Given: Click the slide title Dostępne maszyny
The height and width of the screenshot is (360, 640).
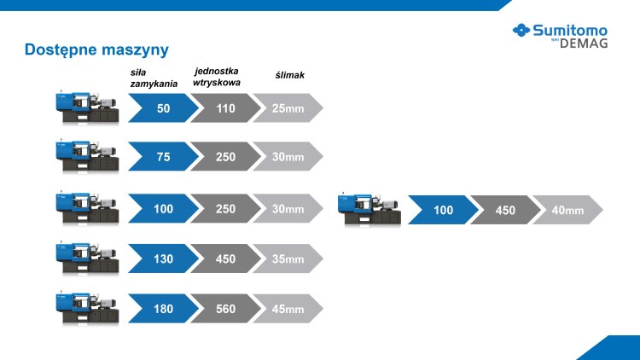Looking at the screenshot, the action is point(96,50).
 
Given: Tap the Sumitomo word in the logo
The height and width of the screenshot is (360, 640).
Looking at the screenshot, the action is point(570,30).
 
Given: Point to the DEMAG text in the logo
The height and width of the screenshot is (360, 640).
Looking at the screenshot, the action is point(584,44).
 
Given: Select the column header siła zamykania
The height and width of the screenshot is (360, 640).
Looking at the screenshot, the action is point(154,78).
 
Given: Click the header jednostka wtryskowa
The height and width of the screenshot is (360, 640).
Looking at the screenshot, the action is point(217,77).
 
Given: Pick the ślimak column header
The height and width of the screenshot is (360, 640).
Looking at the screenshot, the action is point(290,75).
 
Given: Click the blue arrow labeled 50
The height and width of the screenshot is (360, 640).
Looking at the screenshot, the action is point(163,108).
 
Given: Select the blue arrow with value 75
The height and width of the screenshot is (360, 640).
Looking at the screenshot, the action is point(163,156).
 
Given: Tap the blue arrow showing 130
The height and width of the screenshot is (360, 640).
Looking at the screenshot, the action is point(163,258).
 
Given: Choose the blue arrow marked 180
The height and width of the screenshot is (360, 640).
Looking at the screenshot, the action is point(163,309).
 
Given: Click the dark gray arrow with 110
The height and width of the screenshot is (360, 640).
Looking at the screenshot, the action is point(226,108).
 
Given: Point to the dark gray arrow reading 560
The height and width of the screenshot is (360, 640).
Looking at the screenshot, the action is point(226,309).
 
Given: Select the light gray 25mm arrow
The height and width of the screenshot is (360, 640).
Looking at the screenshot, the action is point(288,108).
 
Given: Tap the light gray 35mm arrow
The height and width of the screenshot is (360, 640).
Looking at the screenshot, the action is point(288,258).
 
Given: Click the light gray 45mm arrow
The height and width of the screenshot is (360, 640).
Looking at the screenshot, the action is point(288,309).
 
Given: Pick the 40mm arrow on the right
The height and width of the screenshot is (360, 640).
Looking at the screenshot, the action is point(567,210).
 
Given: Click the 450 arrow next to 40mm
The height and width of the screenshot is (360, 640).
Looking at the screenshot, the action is point(505,210).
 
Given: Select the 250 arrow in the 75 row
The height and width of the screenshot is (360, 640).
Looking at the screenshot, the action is point(226,156).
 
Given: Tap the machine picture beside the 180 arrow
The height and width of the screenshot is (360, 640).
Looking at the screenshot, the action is point(87,307).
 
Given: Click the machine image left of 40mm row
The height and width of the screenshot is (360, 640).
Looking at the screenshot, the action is point(369,209).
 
